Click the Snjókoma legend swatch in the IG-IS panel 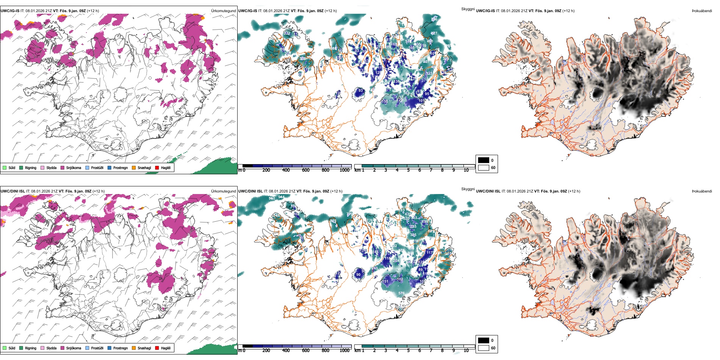[x=63, y=167]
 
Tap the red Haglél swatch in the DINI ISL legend [x=157, y=348]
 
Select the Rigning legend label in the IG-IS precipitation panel [x=31, y=168]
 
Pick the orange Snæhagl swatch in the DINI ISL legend [x=134, y=348]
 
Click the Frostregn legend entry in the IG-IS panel [x=120, y=168]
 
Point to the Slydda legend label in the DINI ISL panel [x=52, y=348]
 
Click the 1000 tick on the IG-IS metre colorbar [x=344, y=170]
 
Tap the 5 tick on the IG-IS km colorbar [x=408, y=170]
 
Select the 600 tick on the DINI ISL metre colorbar [x=306, y=351]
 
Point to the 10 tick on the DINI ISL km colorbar [x=466, y=351]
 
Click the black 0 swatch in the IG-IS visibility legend [x=484, y=160]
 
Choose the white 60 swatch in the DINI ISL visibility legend [x=484, y=348]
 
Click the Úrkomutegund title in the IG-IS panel [x=223, y=11]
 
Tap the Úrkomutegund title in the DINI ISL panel [x=223, y=191]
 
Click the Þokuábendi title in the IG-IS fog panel [x=702, y=11]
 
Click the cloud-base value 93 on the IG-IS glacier [x=360, y=91]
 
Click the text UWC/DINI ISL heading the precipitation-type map [x=13, y=191]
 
